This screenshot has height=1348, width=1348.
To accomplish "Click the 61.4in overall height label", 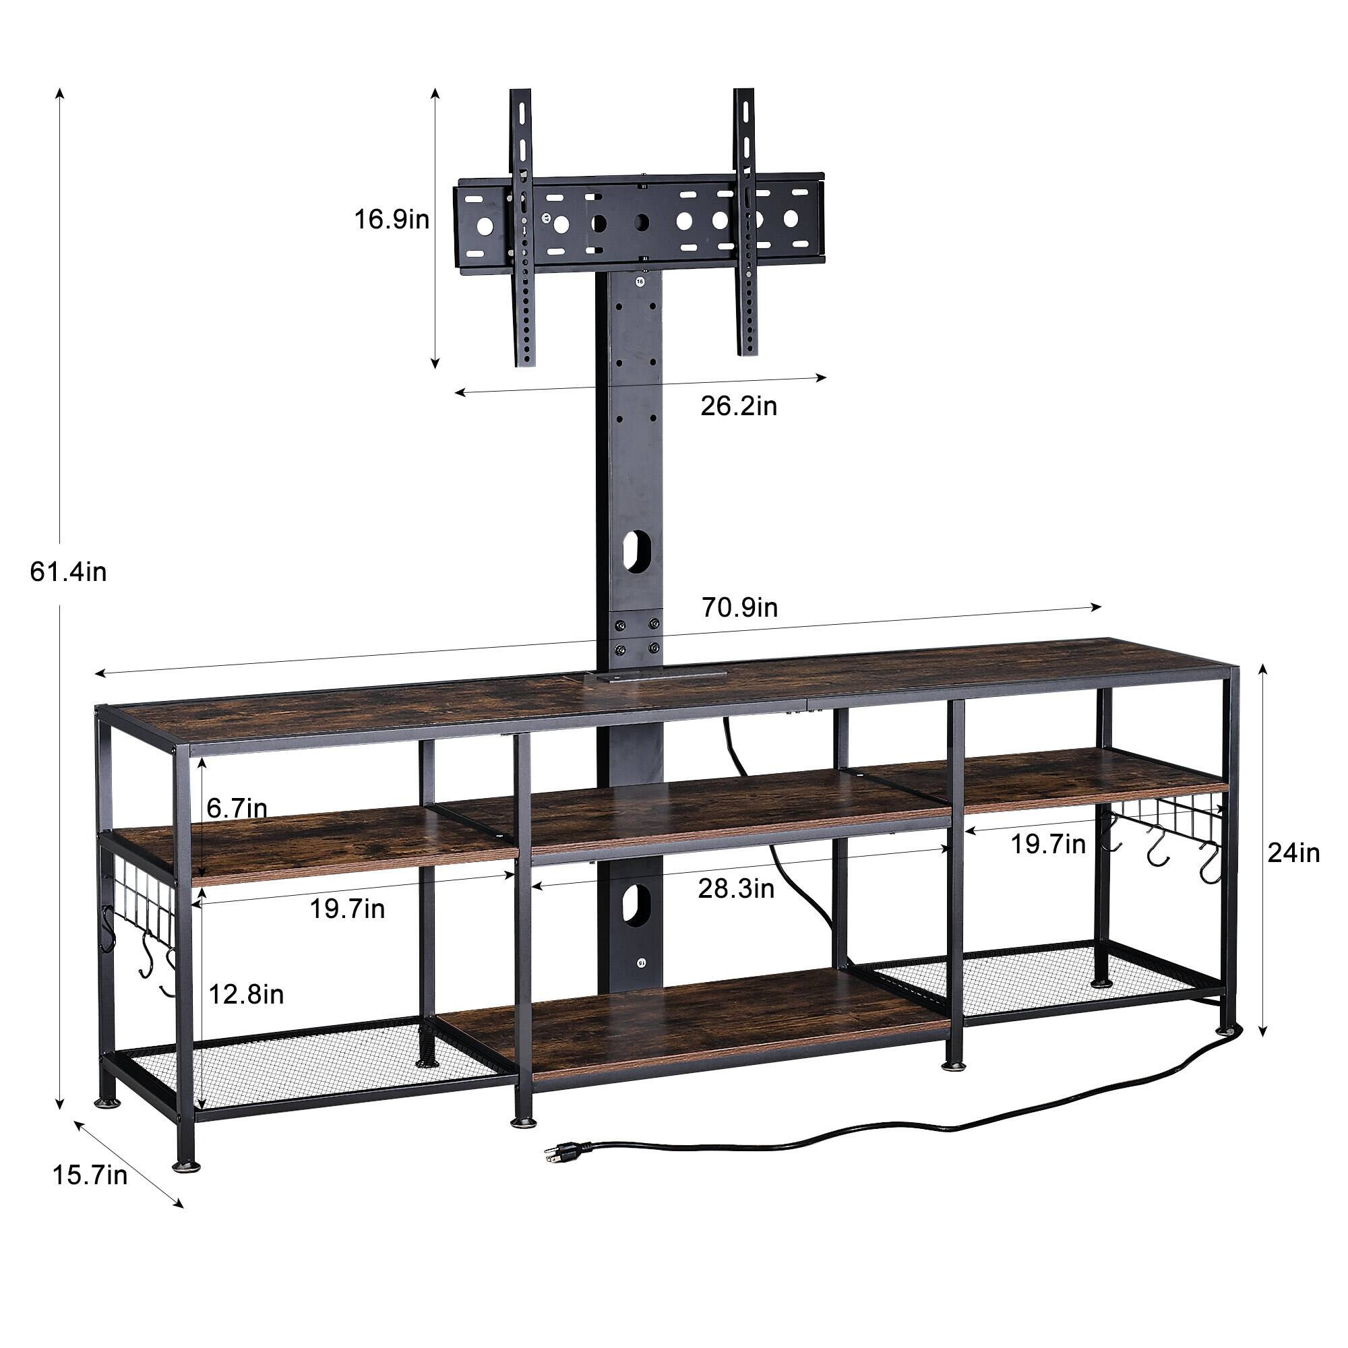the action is [68, 572].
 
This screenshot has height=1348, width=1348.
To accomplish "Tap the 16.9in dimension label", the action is [392, 220].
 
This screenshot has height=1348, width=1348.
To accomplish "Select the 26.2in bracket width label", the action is [739, 405].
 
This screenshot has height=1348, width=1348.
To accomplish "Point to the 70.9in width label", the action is [739, 608].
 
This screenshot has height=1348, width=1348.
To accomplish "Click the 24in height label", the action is [1293, 853].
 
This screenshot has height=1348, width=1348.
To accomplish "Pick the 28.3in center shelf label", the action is [737, 889].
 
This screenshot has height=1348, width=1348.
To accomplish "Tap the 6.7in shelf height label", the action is [237, 808].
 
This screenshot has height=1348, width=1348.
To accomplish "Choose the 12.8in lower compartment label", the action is [246, 994].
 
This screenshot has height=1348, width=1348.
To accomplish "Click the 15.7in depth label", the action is [90, 1175].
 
